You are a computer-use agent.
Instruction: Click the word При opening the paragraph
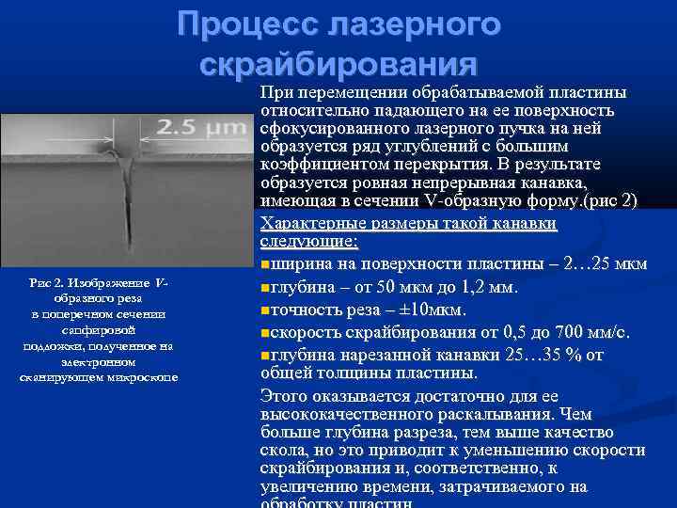coord(276,94)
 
